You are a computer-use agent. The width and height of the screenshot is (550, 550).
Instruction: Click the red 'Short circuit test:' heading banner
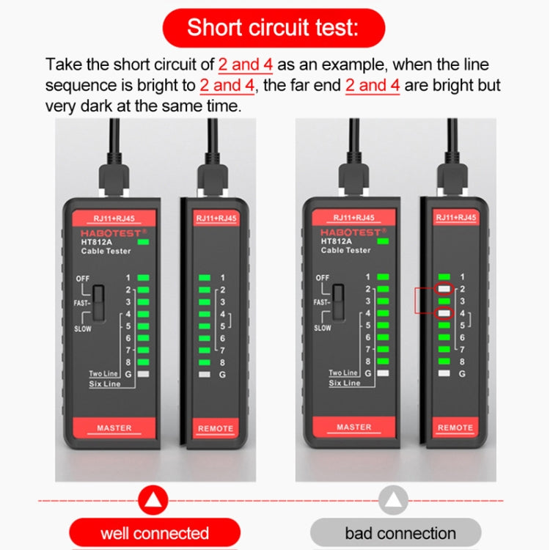[x=273, y=28]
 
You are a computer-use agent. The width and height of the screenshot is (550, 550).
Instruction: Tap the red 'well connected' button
[x=155, y=533]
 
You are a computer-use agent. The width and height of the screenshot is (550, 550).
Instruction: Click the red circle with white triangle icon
[x=153, y=501]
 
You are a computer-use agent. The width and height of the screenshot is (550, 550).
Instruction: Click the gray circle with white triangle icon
[x=395, y=501]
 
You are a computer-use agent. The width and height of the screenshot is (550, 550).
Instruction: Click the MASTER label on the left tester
[x=114, y=428]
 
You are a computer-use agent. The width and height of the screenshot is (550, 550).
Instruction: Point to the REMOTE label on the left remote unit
[x=216, y=428]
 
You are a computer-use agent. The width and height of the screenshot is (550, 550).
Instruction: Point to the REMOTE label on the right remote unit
[x=455, y=428]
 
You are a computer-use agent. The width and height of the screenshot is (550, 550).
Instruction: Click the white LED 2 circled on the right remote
[x=444, y=289]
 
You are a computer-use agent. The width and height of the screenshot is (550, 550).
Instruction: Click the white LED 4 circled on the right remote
[x=444, y=313]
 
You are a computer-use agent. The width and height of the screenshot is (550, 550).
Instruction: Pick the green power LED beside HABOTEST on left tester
[x=144, y=242]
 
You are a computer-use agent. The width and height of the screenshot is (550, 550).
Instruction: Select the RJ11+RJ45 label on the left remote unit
[x=216, y=219]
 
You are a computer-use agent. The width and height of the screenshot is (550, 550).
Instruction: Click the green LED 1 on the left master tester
[x=144, y=278]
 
